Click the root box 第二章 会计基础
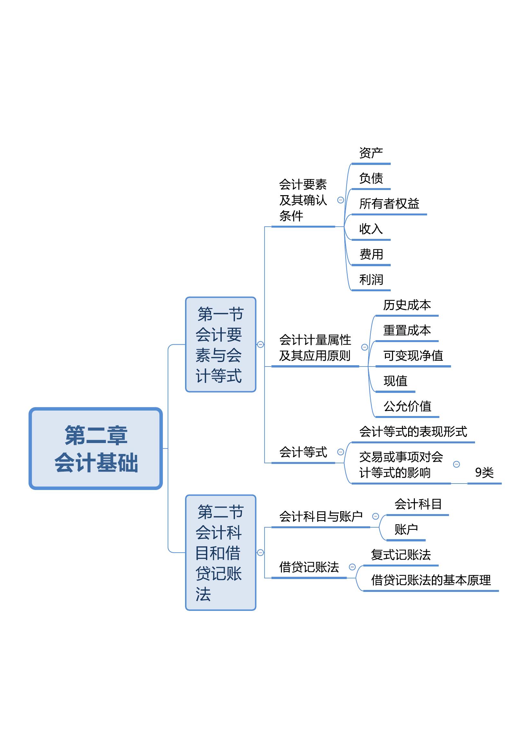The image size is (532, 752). click(x=96, y=448)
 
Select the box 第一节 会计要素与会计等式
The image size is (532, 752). click(x=220, y=345)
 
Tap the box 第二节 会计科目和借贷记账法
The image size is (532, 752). click(x=220, y=553)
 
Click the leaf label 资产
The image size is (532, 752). click(x=371, y=153)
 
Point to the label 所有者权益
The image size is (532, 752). click(x=389, y=204)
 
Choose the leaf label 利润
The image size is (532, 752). click(x=371, y=280)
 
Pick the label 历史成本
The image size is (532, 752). click(x=407, y=305)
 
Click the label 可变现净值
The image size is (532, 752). click(x=413, y=356)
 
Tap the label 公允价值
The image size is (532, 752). click(x=407, y=406)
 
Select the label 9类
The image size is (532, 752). click(x=484, y=473)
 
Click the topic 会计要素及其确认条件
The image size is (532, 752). click(x=303, y=200)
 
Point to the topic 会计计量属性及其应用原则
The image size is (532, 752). click(x=315, y=348)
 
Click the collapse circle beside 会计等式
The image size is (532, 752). click(x=341, y=452)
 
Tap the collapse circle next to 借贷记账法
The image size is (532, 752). click(x=352, y=567)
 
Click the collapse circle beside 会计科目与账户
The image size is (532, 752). click(x=376, y=517)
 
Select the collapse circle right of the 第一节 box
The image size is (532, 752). click(x=260, y=344)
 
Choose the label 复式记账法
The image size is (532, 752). click(x=401, y=555)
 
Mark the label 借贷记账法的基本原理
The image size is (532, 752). click(x=431, y=580)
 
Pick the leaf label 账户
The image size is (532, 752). click(x=406, y=529)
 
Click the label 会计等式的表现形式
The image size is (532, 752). click(x=413, y=432)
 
